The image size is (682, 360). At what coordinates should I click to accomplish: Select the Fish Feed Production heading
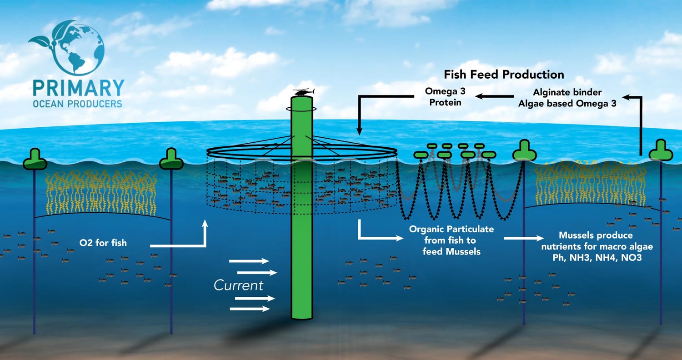504,75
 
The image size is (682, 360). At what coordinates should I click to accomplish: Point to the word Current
239,285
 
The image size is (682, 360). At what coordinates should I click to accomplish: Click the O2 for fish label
103,243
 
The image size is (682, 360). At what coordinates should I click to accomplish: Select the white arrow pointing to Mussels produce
523,238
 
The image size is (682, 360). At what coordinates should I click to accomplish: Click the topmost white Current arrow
249,261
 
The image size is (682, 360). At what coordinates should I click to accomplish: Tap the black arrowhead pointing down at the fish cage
359,131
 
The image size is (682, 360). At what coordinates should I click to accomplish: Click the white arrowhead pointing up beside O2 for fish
205,224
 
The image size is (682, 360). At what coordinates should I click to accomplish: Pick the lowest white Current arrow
250,309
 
